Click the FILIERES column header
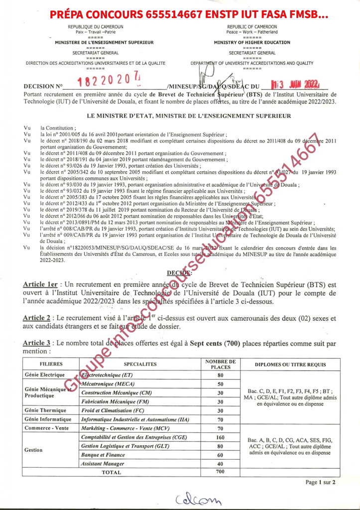click(x=51, y=364)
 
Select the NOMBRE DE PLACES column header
click(x=221, y=364)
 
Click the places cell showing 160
click(x=221, y=437)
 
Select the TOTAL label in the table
click(x=111, y=472)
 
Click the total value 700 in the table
click(x=221, y=472)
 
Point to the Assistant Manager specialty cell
click(x=103, y=464)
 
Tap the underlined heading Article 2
click(x=37, y=318)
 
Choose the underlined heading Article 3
click(x=37, y=343)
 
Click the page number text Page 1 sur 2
click(x=321, y=482)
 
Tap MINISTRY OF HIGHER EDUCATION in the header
click(x=252, y=42)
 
